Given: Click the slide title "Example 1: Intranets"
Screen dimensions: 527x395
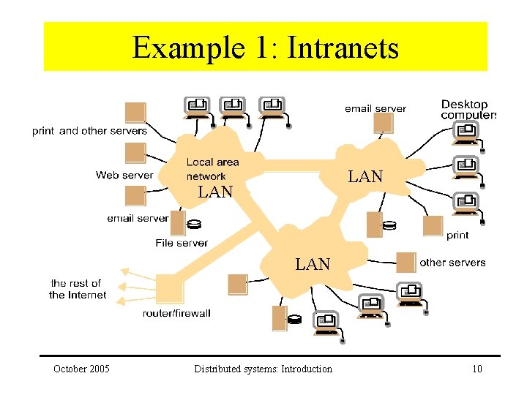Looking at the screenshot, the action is (266, 48).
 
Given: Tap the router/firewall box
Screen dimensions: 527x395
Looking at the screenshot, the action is (170, 288).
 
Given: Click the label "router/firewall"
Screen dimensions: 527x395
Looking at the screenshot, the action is (177, 313).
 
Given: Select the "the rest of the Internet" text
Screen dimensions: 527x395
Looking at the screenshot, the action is (78, 289).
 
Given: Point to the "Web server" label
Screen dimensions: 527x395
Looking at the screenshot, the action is (124, 175).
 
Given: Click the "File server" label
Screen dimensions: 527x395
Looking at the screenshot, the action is (182, 243).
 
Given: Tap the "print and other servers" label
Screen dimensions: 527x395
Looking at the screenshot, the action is (90, 131).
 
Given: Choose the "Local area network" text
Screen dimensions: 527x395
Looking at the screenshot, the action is (212, 169).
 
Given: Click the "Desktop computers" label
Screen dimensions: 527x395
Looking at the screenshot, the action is (468, 110).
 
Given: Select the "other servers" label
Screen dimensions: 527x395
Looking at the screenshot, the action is (452, 263).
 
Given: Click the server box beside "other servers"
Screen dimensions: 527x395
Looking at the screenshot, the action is (406, 263).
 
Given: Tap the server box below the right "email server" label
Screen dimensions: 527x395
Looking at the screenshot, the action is (384, 123).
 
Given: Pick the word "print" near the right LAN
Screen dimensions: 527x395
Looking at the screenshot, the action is (457, 235).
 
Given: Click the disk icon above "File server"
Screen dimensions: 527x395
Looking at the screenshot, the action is (194, 224).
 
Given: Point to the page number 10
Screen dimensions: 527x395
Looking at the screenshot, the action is (477, 369).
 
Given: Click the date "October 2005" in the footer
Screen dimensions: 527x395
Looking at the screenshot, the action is (81, 369).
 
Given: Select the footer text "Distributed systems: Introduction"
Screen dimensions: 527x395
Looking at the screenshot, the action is (263, 369).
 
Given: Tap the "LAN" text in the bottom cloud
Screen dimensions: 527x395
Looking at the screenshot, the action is (313, 264).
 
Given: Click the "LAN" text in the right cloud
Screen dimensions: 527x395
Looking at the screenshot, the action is (365, 177).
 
